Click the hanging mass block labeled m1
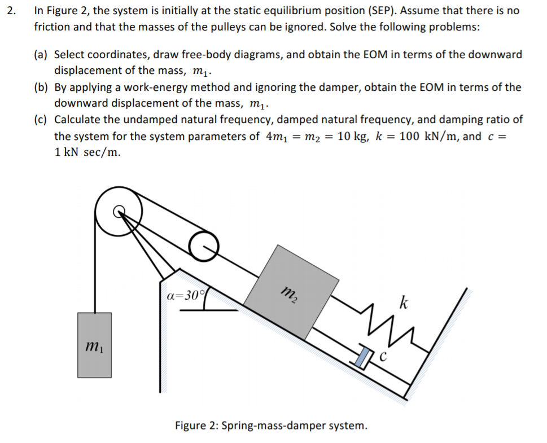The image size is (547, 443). [x=94, y=345]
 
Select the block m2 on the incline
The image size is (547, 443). [x=290, y=292]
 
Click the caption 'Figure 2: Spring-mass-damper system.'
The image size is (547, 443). [x=271, y=425]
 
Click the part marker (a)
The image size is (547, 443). [x=41, y=55]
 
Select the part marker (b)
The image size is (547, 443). [x=41, y=87]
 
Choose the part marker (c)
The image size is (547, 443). [x=41, y=120]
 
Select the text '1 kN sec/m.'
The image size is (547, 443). [x=87, y=152]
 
